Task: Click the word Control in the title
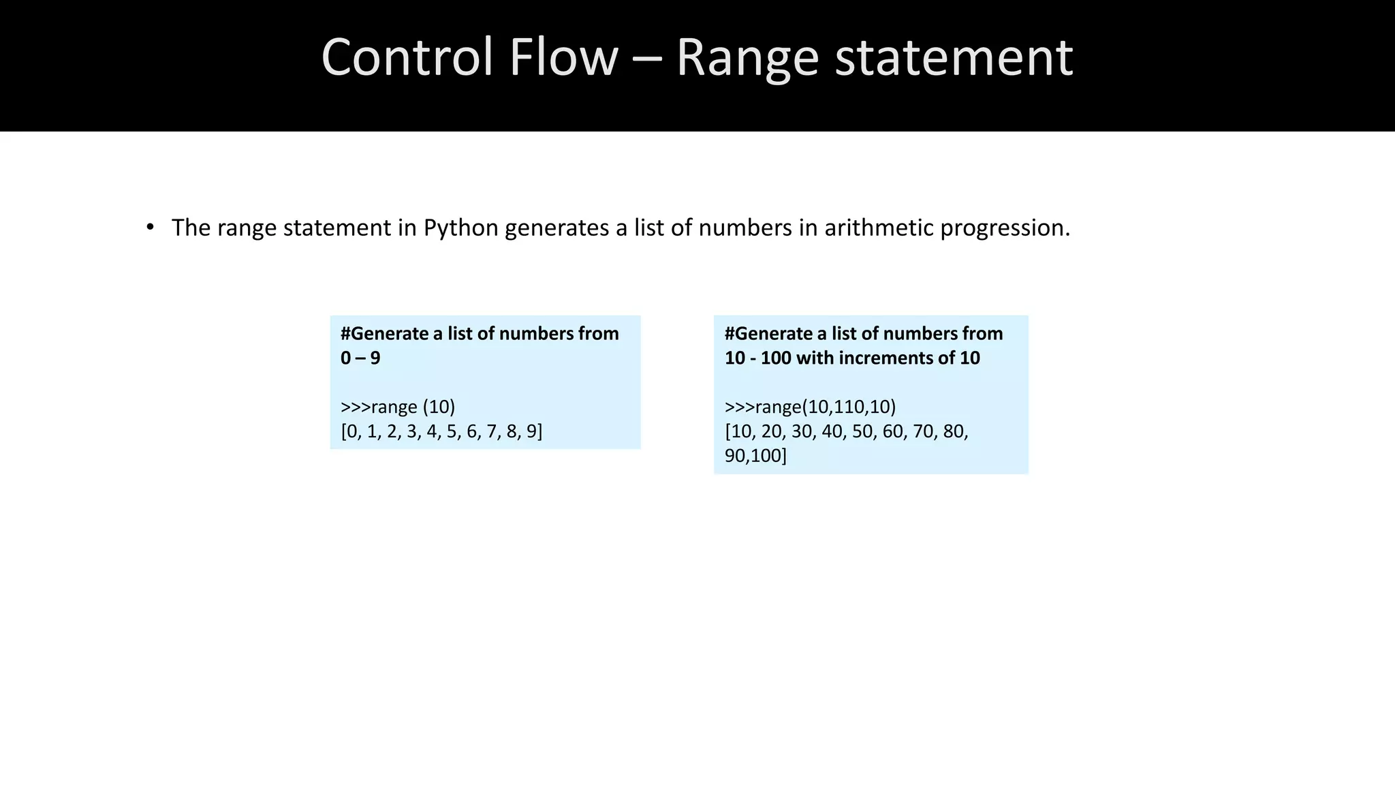[x=407, y=57]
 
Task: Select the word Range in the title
[x=747, y=57]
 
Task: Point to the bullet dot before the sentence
[x=150, y=227]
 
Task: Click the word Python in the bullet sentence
[x=460, y=228]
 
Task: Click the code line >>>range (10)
[x=398, y=407]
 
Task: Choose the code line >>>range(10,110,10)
[x=810, y=407]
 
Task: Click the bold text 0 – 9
[x=360, y=358]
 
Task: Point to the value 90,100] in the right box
[x=755, y=456]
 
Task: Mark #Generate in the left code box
[x=384, y=333]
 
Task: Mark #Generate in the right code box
[x=768, y=333]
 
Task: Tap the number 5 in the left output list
[x=452, y=431]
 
